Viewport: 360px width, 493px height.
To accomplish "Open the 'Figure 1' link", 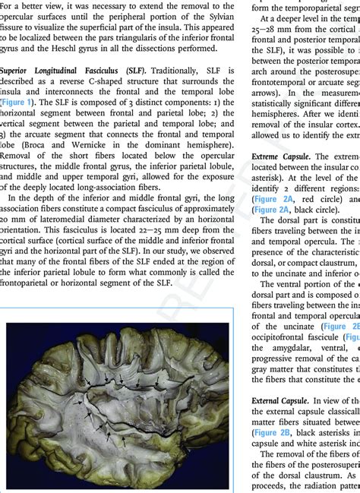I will tap(17, 102).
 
